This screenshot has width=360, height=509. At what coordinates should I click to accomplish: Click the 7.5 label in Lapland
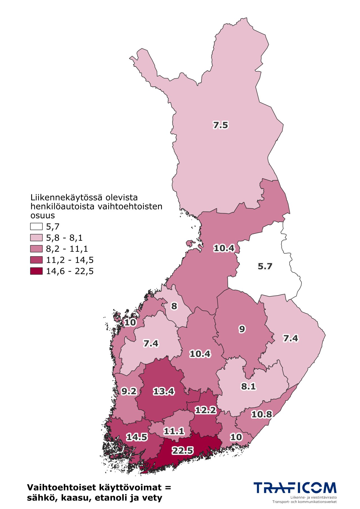point(220,125)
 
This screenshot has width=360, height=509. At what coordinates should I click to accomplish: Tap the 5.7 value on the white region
point(265,266)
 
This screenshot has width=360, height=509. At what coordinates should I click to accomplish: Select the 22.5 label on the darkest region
point(183,451)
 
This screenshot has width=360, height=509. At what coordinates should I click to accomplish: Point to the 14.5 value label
point(137,437)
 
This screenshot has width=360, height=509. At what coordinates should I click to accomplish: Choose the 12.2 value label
point(206,410)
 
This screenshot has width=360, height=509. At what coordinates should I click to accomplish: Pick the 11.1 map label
point(174,431)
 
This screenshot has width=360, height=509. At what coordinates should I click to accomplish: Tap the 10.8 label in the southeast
point(262,414)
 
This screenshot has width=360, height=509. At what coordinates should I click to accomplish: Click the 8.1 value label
point(248,386)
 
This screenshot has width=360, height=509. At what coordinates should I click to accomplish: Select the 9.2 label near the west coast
point(129,391)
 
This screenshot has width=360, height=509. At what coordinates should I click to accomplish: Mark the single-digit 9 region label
point(242,329)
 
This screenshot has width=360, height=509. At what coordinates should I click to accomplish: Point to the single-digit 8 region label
point(174,306)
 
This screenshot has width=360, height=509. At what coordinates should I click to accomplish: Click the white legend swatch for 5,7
point(36,226)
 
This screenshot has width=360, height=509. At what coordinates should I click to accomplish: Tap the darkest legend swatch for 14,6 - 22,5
point(36,271)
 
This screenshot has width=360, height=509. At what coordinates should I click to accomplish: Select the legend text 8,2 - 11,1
point(67,249)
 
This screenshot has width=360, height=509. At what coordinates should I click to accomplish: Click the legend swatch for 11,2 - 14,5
point(36,260)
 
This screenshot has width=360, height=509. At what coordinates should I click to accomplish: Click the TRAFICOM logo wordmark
point(295,488)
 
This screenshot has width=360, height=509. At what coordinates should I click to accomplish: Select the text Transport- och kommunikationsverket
point(304,502)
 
